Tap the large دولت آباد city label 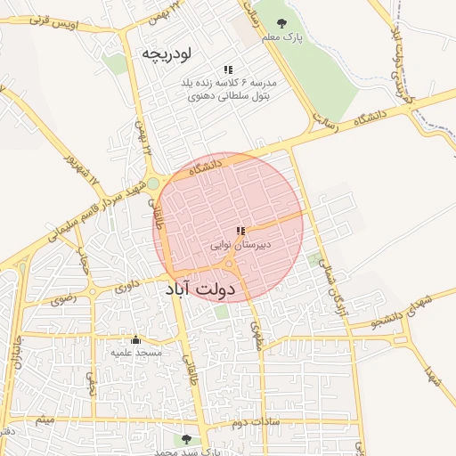(199, 290)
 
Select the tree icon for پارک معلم (282, 23)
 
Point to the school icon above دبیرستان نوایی (240, 231)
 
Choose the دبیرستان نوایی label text (240, 243)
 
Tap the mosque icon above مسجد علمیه (135, 339)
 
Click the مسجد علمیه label (135, 353)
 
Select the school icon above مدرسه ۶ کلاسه (229, 69)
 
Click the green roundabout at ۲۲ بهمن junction (153, 183)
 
